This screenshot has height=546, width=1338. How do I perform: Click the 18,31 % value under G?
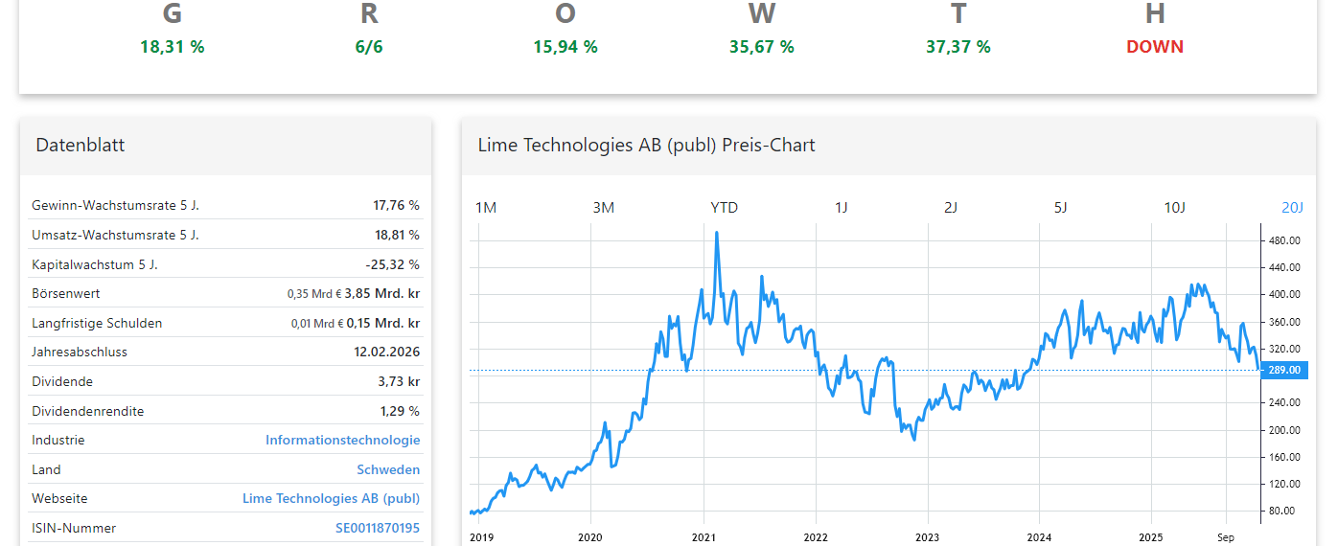[x=173, y=46]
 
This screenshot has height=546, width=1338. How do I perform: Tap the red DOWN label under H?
[x=1155, y=46]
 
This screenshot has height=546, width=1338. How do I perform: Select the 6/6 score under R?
[x=369, y=46]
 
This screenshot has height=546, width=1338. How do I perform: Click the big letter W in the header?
[x=762, y=13]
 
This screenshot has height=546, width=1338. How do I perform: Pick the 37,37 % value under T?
[x=958, y=46]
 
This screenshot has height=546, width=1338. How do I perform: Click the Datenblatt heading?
[x=81, y=146]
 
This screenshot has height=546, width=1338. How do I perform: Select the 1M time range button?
[x=486, y=207]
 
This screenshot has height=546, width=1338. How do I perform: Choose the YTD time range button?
[x=724, y=207]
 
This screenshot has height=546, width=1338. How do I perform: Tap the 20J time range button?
[x=1292, y=207]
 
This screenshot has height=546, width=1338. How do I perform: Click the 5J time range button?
[x=1061, y=207]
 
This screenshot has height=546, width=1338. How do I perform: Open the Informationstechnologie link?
[x=342, y=441]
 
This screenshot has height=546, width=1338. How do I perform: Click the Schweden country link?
[x=388, y=470]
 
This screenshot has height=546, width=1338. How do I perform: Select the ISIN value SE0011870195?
[x=378, y=528]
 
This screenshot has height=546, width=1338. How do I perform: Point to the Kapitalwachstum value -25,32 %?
[x=393, y=264]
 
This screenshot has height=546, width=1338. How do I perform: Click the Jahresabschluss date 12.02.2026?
[x=386, y=353]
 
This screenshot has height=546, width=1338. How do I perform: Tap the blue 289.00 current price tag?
[x=1283, y=370]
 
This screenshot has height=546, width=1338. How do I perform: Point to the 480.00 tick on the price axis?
[x=1284, y=240]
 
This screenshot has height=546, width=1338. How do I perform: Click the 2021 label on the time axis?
[x=704, y=537]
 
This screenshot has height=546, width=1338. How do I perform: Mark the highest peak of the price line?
[x=717, y=232]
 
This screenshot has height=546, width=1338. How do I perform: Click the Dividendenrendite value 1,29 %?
[x=400, y=411]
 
